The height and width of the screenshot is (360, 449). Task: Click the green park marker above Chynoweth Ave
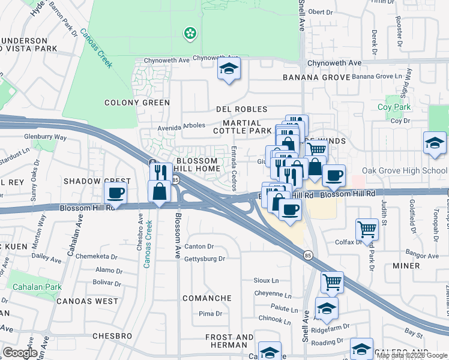191,33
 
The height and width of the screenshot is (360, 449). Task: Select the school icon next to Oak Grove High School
435,144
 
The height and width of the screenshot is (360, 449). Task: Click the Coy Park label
394,107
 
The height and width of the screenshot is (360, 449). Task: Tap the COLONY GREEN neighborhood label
137,103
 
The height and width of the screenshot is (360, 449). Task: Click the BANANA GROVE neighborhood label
316,77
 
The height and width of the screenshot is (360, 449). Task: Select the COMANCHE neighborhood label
207,298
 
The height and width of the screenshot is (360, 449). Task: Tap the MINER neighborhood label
407,266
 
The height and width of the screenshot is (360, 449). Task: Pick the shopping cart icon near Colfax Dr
367,229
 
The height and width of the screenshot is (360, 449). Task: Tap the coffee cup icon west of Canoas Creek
115,194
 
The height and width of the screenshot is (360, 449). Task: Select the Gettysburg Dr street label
204,259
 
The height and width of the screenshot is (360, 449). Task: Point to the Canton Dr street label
199,246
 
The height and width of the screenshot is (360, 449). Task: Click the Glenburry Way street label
45,137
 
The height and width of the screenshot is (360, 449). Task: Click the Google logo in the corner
20,352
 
